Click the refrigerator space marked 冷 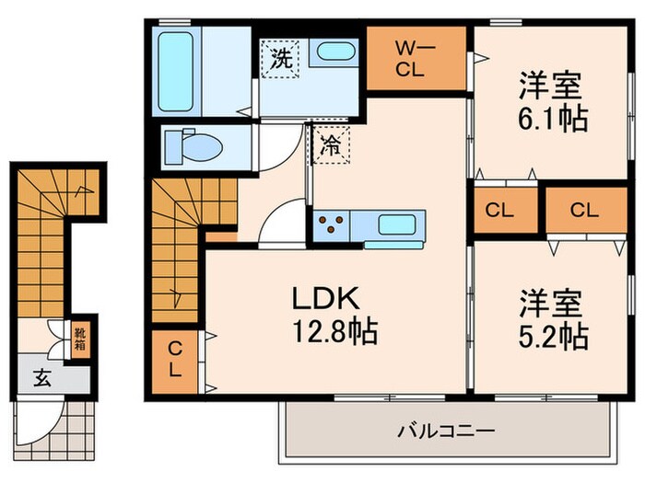[330, 145]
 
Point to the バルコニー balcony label [447, 430]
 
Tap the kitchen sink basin [397, 223]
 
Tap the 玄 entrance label [42, 377]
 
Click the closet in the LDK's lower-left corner [174, 362]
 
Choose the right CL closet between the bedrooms [582, 211]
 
